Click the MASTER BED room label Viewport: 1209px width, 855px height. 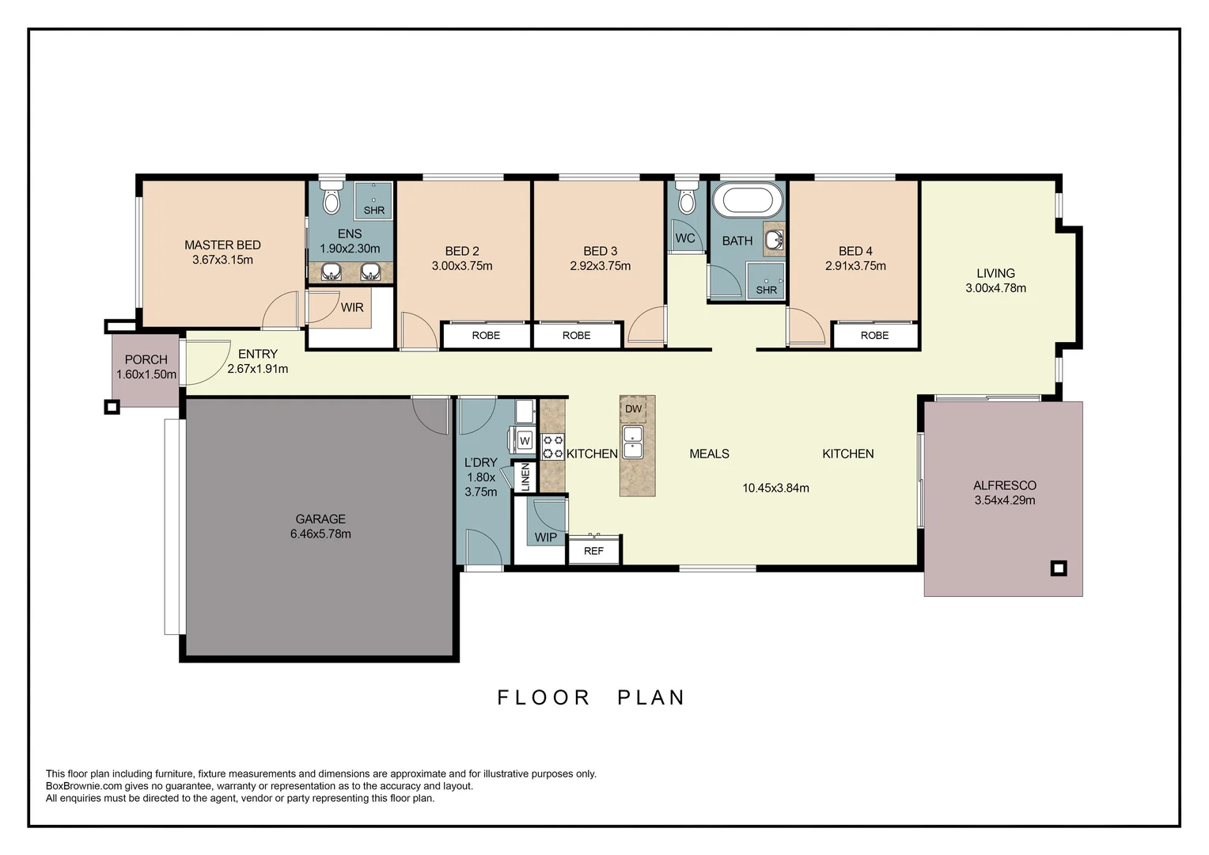point(222,245)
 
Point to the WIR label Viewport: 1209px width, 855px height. point(352,307)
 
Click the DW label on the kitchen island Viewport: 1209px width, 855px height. point(633,409)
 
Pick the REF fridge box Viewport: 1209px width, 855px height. point(593,550)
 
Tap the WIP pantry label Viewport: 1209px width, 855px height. point(545,538)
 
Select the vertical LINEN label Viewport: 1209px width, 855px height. point(525,477)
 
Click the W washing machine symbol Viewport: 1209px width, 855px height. point(524,441)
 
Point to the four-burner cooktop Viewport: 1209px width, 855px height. point(552,446)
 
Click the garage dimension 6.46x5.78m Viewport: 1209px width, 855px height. point(320,534)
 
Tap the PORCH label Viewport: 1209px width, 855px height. point(146,359)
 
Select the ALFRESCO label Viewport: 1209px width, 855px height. point(1004,485)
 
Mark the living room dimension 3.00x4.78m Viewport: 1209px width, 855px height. point(995,288)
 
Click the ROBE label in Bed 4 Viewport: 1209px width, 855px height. point(874,336)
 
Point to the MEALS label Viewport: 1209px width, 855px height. point(709,454)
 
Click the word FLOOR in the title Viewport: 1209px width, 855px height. point(544,697)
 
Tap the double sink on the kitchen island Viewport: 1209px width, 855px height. point(633,443)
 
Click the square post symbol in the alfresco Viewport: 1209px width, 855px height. point(1059,568)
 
